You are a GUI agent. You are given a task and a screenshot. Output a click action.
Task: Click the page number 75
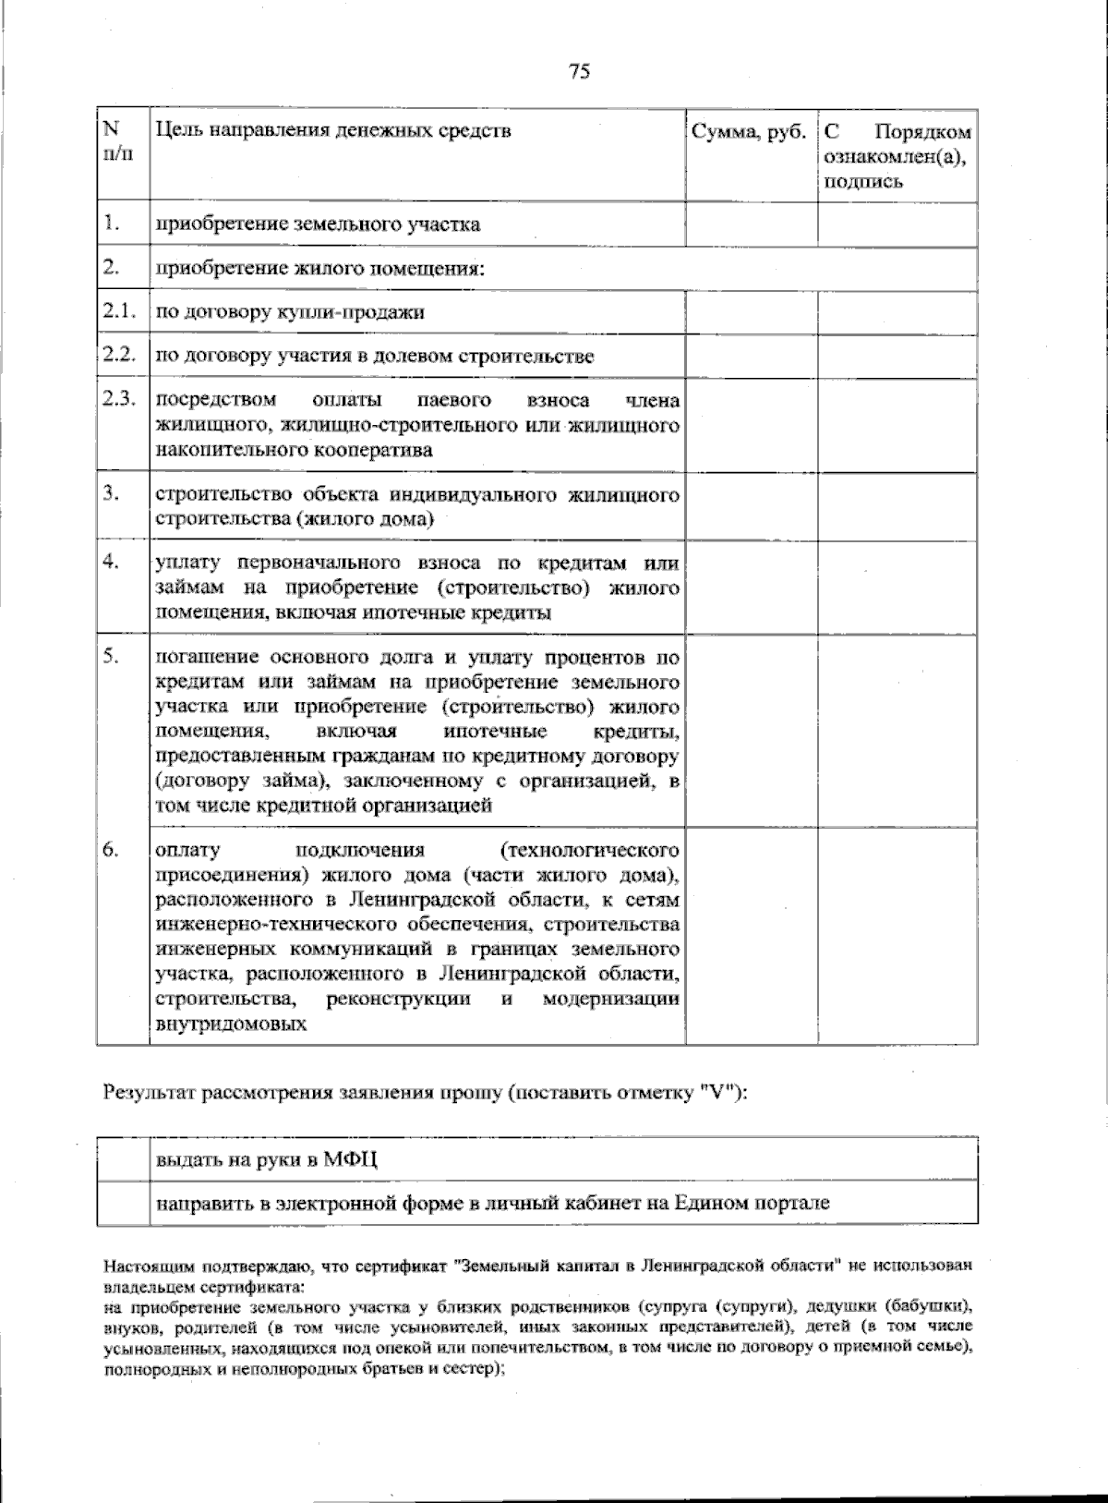click(x=580, y=71)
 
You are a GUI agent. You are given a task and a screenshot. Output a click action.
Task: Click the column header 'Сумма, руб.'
click(x=749, y=131)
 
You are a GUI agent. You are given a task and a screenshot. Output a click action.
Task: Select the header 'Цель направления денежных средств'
click(x=333, y=130)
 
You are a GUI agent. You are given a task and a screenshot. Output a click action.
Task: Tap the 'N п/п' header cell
click(x=117, y=140)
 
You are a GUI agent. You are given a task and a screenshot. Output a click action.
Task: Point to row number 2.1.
click(x=119, y=311)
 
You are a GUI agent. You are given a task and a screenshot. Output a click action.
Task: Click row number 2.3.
click(x=119, y=399)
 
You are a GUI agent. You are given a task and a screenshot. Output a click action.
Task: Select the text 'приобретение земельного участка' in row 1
click(x=318, y=224)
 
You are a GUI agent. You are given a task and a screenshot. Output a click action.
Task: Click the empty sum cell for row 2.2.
click(x=751, y=357)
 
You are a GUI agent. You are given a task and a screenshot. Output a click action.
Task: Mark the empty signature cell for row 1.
click(x=897, y=224)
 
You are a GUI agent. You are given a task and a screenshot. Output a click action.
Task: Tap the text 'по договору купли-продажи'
click(x=290, y=312)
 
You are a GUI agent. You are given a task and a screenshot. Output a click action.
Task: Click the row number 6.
click(x=111, y=850)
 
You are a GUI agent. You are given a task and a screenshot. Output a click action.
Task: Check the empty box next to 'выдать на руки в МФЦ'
click(x=123, y=1159)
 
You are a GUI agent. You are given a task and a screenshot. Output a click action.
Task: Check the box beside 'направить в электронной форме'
click(x=123, y=1203)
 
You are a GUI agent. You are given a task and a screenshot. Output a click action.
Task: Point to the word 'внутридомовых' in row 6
click(x=231, y=1024)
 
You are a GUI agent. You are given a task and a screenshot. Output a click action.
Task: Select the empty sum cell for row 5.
click(x=751, y=730)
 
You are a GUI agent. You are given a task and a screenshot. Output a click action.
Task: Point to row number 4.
click(x=111, y=562)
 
